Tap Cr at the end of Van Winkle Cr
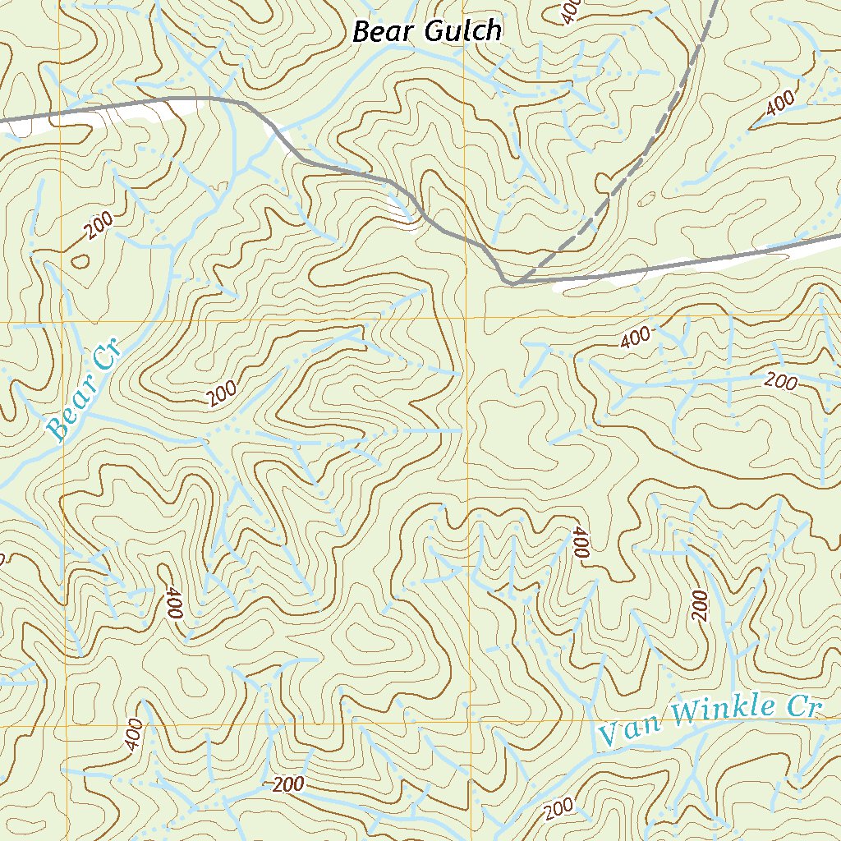click(804, 705)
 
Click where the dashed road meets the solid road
click(514, 282)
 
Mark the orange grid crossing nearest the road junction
click(466, 318)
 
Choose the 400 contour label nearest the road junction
click(635, 336)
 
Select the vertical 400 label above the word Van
click(580, 544)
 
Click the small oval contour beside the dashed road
click(647, 198)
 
